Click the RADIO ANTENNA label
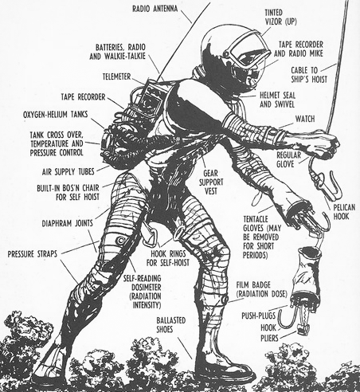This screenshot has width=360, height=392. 155,9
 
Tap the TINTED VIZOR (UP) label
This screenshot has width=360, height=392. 280,18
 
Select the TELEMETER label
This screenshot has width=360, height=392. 117,76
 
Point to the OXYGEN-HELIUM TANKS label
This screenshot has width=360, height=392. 55,115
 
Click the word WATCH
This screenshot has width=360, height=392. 305,119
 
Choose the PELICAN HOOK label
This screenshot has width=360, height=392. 344,212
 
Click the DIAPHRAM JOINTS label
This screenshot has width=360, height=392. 68,223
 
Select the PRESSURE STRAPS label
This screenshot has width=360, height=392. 33,254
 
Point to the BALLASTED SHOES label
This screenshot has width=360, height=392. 171,325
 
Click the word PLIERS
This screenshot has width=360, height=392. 269,338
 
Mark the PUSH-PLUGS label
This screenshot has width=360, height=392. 259,316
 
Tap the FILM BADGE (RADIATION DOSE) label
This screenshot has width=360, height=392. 262,289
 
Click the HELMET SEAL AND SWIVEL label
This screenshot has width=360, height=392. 277,100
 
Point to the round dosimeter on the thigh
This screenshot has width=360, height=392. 120,241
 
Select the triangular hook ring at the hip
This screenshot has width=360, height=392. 150,235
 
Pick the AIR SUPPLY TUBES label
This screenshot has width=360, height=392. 68,172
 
